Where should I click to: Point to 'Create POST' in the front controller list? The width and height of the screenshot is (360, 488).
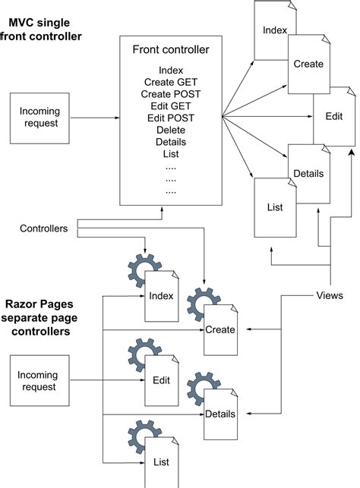[170, 93]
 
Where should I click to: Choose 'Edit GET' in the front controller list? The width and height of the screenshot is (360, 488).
[170, 105]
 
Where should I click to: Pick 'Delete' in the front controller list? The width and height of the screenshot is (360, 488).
[170, 130]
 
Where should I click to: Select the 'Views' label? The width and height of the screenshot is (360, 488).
[330, 295]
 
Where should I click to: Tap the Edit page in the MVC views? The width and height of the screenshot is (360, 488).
[334, 116]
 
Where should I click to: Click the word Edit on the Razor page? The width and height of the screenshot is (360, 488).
[161, 380]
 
